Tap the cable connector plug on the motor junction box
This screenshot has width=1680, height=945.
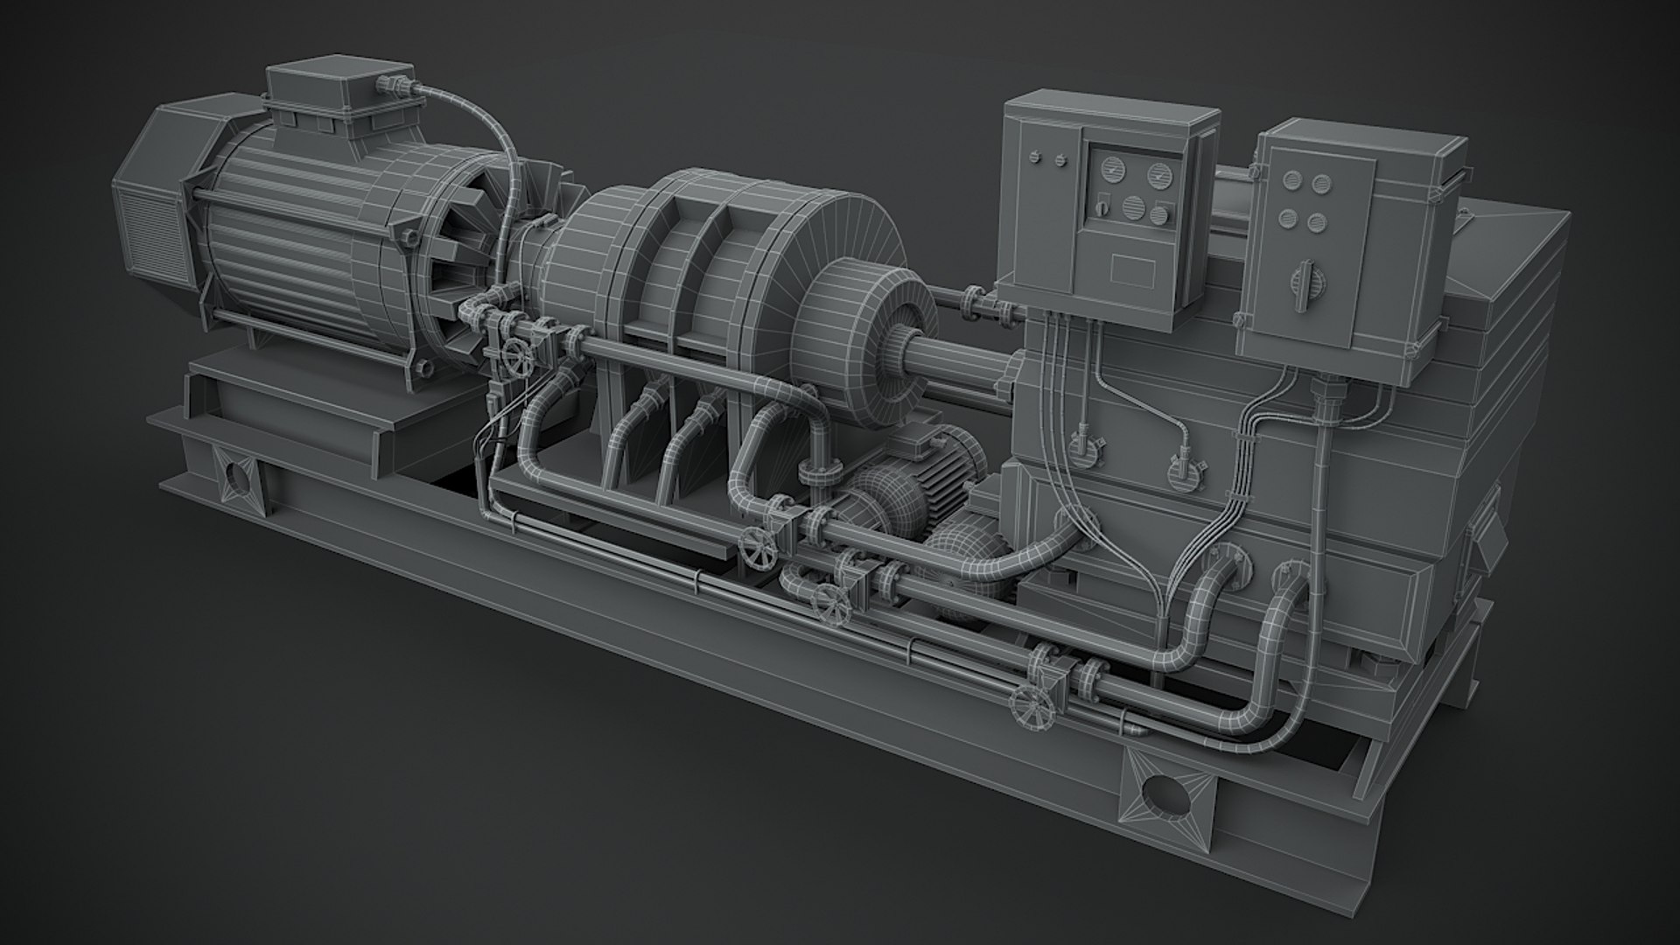point(390,85)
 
